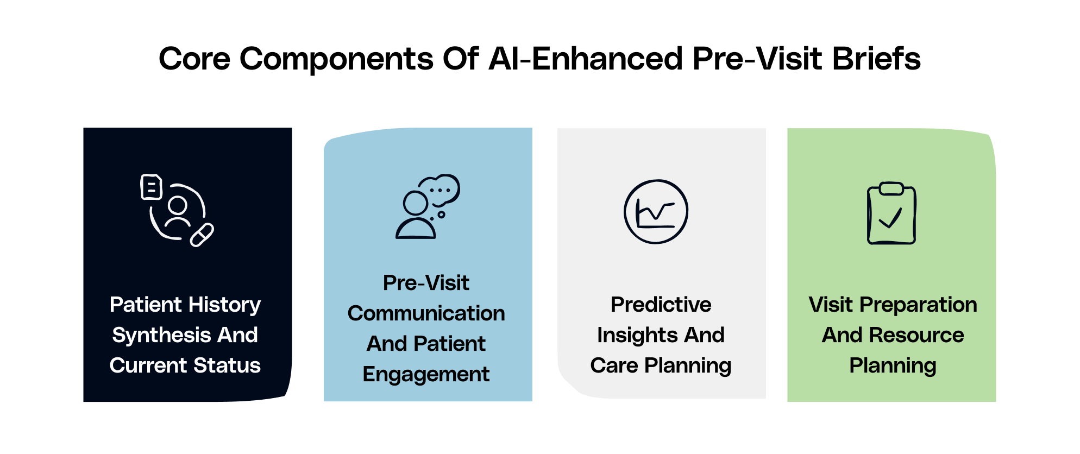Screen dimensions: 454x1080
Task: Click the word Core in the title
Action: [194, 59]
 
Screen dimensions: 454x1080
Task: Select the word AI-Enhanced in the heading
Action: [585, 59]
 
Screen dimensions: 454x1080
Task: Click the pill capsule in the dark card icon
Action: [202, 235]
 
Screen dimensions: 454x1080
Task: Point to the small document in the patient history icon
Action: [152, 187]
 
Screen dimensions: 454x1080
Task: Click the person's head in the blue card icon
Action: [416, 203]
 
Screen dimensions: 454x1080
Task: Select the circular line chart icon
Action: [656, 212]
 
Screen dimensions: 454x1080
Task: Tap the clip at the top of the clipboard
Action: [891, 188]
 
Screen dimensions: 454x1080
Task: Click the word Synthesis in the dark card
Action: [161, 336]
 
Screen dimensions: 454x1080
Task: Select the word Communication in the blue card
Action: [426, 313]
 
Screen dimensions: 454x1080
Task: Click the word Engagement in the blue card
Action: [426, 375]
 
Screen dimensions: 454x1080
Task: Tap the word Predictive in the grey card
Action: [661, 305]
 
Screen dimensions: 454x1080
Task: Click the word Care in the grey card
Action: [614, 365]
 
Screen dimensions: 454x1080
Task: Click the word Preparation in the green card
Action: [919, 305]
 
